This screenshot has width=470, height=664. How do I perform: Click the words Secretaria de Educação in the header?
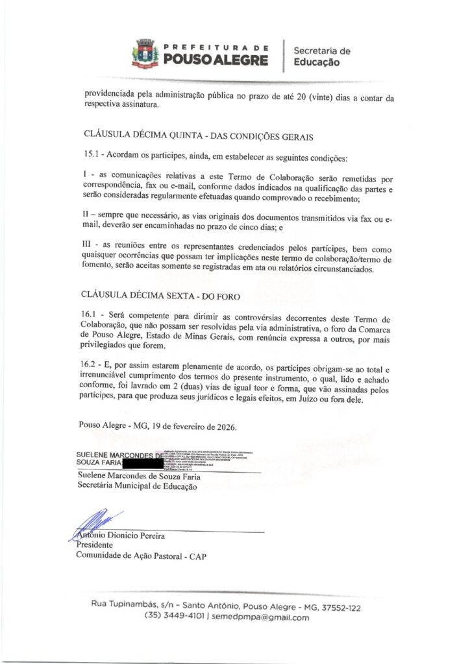tap(321, 56)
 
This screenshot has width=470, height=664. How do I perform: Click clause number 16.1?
tap(93, 314)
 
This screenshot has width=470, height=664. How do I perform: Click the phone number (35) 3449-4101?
tap(174, 617)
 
